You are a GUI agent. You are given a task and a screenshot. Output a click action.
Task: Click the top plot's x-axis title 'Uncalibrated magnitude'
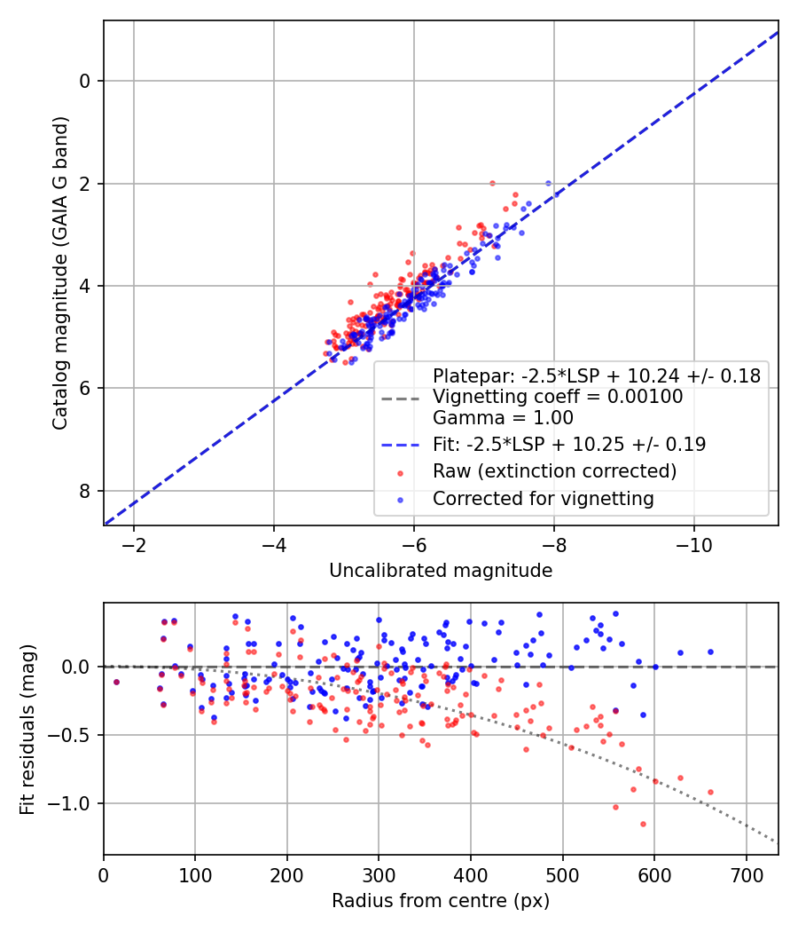pyautogui.click(x=441, y=571)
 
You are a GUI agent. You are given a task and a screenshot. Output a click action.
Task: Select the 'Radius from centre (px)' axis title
pyautogui.click(x=441, y=901)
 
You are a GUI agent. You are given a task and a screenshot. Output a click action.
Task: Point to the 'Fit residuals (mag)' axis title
pyautogui.click(x=27, y=730)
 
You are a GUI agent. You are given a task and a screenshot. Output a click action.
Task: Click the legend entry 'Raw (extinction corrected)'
pyautogui.click(x=554, y=471)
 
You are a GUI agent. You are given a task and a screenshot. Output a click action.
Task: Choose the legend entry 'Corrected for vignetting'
pyautogui.click(x=543, y=499)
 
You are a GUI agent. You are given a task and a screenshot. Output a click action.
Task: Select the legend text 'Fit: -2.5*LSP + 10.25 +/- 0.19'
pyautogui.click(x=568, y=444)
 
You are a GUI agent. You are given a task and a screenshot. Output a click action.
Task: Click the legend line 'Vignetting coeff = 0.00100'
pyautogui.click(x=558, y=397)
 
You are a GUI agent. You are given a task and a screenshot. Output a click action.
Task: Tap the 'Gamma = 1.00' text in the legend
pyautogui.click(x=503, y=418)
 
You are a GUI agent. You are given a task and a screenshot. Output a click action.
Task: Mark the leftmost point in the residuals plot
pyautogui.click(x=116, y=682)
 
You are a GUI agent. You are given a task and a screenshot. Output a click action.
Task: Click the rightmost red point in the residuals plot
pyautogui.click(x=710, y=792)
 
